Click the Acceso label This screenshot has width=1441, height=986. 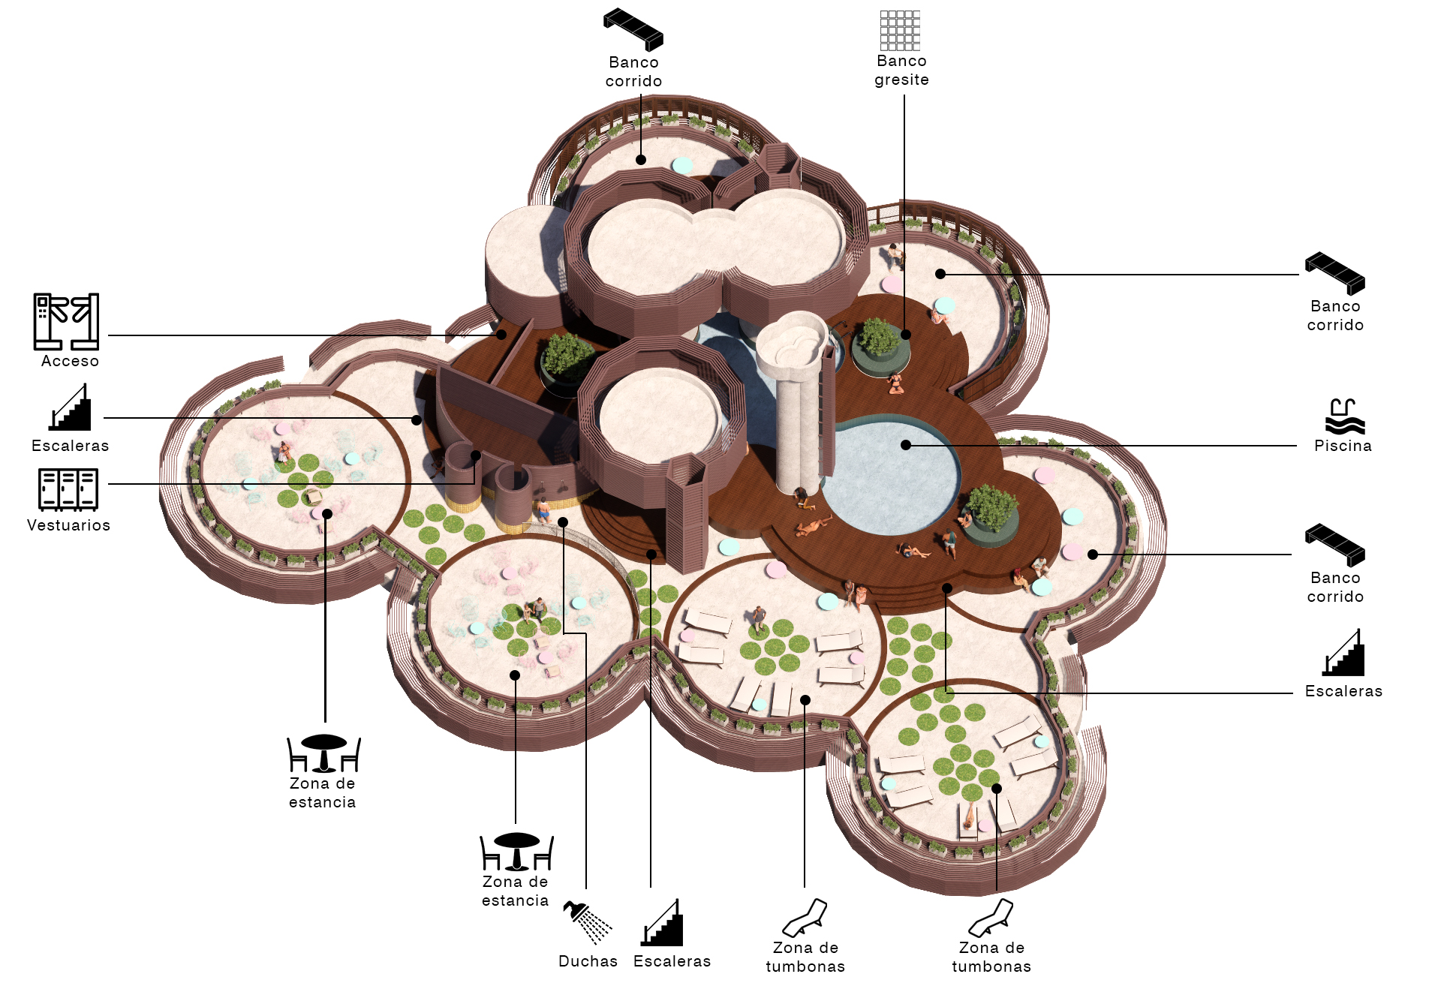point(70,361)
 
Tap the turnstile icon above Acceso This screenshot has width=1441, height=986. point(66,321)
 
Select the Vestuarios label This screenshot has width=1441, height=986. point(68,525)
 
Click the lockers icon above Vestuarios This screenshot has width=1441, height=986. point(68,489)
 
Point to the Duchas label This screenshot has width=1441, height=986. point(588,961)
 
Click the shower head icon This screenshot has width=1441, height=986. point(587,921)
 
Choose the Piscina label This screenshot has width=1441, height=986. point(1343,446)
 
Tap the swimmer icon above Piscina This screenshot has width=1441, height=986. point(1343,416)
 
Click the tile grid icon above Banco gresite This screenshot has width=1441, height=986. point(900,30)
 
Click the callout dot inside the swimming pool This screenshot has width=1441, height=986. point(906,445)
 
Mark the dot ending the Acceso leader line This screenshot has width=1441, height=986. point(502,335)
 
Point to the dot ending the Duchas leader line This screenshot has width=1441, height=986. point(563,522)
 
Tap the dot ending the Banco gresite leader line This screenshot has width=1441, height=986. point(906,335)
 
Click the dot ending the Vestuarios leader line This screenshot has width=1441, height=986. point(476,455)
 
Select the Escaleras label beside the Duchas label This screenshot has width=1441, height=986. point(672,961)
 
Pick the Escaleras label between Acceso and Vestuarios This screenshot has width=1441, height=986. point(70,446)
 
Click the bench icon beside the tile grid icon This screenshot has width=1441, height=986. point(633,29)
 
